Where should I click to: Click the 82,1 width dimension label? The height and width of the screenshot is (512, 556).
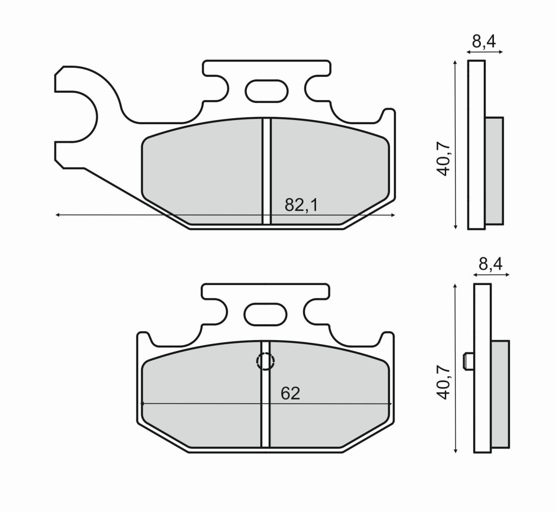[x=301, y=205]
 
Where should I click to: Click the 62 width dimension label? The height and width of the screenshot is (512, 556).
[x=291, y=393]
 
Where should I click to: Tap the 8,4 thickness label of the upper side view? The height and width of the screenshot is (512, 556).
[x=484, y=42]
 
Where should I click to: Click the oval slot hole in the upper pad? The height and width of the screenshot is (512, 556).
[x=265, y=90]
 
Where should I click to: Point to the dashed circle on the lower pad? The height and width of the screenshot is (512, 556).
[x=266, y=361]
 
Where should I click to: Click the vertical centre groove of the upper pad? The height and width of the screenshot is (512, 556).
[x=266, y=171]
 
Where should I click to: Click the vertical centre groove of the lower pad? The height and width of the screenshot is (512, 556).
[x=265, y=408]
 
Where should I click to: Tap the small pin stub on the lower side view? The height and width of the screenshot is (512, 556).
[x=468, y=361]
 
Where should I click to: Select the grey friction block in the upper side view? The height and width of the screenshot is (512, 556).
[x=494, y=171]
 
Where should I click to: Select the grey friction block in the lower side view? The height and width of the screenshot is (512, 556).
[x=500, y=395]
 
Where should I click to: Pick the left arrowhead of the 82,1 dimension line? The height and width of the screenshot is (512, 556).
[x=57, y=215]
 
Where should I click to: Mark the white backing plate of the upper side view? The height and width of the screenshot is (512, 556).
[x=477, y=93]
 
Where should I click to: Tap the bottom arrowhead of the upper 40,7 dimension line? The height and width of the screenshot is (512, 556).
[x=456, y=227]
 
